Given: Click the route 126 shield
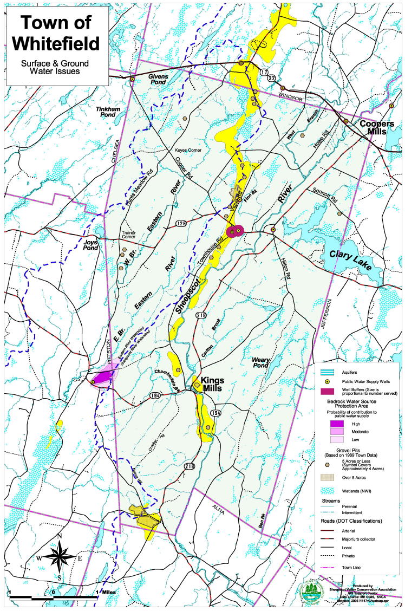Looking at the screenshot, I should tap(181, 223).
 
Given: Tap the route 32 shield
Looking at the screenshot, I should tap(272, 79).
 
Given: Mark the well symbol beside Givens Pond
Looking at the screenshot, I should tap(132, 80).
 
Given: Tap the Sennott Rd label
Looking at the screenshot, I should tap(325, 191).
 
